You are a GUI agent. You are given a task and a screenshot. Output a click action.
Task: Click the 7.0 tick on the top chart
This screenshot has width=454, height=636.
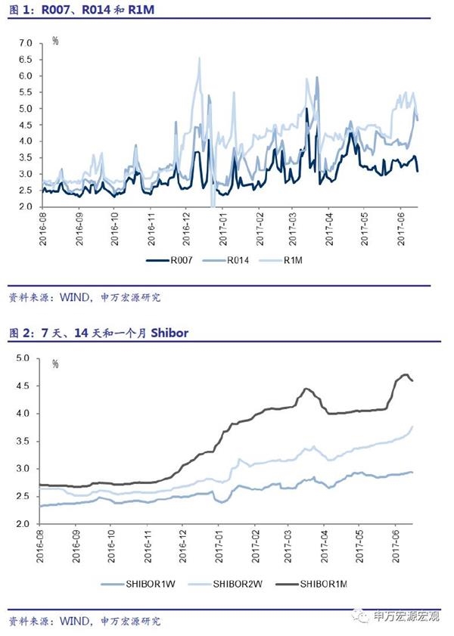(x=26, y=44)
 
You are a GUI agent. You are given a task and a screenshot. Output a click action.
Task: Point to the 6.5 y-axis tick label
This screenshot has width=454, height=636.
(x=26, y=60)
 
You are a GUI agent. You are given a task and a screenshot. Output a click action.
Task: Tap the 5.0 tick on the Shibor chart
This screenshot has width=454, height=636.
(x=23, y=358)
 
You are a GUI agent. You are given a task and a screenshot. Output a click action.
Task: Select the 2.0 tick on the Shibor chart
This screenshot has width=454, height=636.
(x=23, y=524)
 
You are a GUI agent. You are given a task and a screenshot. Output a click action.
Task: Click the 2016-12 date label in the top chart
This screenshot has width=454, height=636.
(x=186, y=227)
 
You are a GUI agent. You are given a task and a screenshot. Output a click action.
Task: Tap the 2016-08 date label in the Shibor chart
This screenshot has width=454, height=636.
(x=42, y=545)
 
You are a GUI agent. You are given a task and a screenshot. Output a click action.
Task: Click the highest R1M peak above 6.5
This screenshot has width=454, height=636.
(x=199, y=57)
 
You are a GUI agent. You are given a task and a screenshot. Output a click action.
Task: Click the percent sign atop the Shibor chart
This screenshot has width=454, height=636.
(x=55, y=363)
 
